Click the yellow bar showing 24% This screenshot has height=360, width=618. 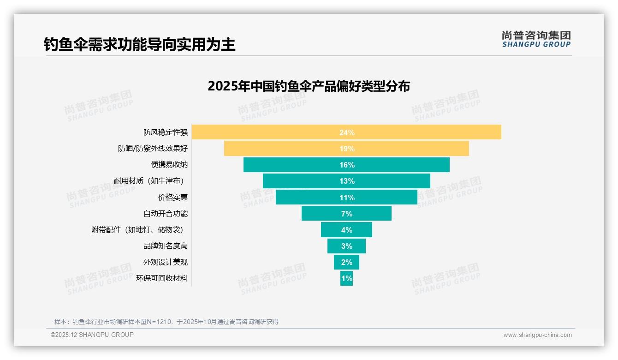[346, 132]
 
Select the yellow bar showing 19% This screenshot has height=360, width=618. [346, 149]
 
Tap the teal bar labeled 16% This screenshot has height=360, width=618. [346, 165]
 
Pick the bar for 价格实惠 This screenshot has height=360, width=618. [346, 198]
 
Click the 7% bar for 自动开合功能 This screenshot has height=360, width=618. [346, 214]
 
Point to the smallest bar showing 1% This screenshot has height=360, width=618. [346, 278]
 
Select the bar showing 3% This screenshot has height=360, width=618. [346, 246]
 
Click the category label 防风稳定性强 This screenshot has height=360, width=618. [166, 132]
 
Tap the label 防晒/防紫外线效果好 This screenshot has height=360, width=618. [153, 149]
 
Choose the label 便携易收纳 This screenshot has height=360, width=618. [169, 165]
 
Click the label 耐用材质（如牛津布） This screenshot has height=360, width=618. [151, 181]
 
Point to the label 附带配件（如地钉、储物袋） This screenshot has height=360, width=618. [140, 230]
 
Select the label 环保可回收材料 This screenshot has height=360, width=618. [162, 278]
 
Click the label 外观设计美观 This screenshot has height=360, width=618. [166, 262]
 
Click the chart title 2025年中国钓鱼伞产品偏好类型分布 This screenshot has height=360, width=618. [309, 86]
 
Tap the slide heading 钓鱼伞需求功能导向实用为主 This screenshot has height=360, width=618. [140, 45]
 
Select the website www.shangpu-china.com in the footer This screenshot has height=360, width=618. [537, 335]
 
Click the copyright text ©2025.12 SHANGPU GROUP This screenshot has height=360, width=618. [92, 335]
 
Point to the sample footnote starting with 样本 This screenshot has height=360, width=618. [166, 322]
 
